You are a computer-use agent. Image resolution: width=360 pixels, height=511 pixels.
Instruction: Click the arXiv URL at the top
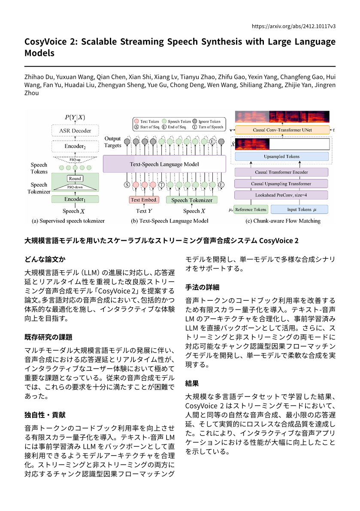(293, 26)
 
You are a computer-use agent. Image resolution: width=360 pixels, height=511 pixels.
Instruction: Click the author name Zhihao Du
(39, 77)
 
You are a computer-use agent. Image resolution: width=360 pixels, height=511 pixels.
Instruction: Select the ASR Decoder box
(75, 130)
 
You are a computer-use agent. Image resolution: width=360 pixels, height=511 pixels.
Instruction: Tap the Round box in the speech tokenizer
(75, 178)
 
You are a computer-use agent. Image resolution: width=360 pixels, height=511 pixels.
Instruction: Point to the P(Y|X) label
(75, 117)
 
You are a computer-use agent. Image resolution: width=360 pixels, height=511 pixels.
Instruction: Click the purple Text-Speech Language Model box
(164, 164)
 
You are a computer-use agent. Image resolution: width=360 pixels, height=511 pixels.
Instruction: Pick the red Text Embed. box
(144, 200)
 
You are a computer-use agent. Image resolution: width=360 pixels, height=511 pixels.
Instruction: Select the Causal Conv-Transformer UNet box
(281, 130)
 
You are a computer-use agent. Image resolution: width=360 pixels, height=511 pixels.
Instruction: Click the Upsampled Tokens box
(281, 157)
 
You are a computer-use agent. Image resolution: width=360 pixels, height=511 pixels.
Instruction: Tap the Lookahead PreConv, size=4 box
(281, 195)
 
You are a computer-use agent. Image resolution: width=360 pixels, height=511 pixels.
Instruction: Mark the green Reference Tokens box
(251, 209)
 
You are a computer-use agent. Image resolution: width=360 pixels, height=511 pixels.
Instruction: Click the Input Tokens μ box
(299, 209)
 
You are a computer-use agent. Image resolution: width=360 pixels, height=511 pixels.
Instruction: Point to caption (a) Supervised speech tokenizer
(68, 221)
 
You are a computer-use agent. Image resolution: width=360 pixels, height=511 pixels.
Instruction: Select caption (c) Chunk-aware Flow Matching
(283, 221)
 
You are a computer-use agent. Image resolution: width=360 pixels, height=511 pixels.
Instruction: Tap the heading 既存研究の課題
(48, 337)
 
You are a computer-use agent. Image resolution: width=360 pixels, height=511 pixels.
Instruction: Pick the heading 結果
(192, 383)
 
